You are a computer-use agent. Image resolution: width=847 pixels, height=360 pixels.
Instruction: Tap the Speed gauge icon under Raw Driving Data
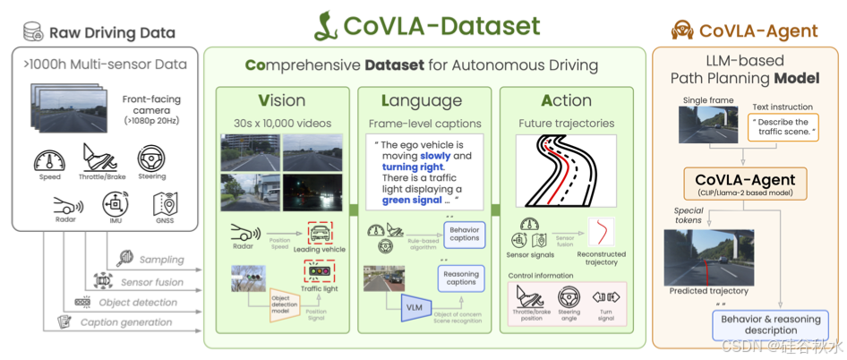click(x=49, y=161)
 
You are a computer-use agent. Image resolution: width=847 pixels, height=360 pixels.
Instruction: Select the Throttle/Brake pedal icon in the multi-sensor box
click(x=100, y=158)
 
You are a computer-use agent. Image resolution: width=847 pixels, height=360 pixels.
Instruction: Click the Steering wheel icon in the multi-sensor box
click(x=150, y=159)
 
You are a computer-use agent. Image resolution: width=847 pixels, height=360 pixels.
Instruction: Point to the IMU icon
click(x=115, y=202)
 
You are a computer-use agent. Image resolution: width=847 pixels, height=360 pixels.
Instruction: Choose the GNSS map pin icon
click(x=164, y=202)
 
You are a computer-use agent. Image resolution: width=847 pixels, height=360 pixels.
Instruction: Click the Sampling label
click(x=161, y=260)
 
